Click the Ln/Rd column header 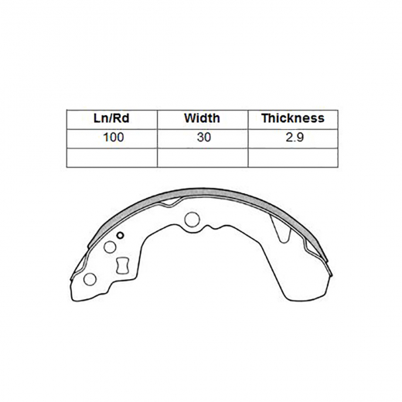(x=111, y=118)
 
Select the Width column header (x=202, y=118)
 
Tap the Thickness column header (x=292, y=118)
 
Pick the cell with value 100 (x=111, y=138)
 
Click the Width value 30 (x=202, y=138)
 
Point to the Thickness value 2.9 (x=292, y=138)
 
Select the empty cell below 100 (x=111, y=157)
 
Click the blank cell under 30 (x=202, y=157)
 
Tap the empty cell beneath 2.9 (x=292, y=157)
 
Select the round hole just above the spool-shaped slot (x=109, y=247)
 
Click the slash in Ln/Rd (x=112, y=118)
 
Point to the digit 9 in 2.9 (x=298, y=138)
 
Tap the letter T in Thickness (x=265, y=118)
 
